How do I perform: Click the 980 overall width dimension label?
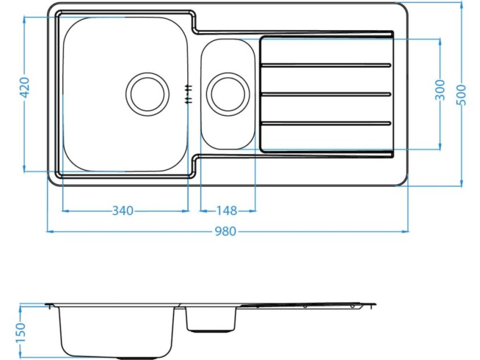pyautogui.click(x=225, y=232)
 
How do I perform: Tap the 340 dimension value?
pyautogui.click(x=123, y=210)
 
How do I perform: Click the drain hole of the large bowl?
pyautogui.click(x=148, y=93)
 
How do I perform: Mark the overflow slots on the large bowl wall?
pyautogui.click(x=188, y=93)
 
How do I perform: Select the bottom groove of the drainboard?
pyautogui.click(x=325, y=123)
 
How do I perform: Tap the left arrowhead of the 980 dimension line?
pyautogui.click(x=49, y=232)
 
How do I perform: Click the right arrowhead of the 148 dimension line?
pyautogui.click(x=253, y=210)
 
